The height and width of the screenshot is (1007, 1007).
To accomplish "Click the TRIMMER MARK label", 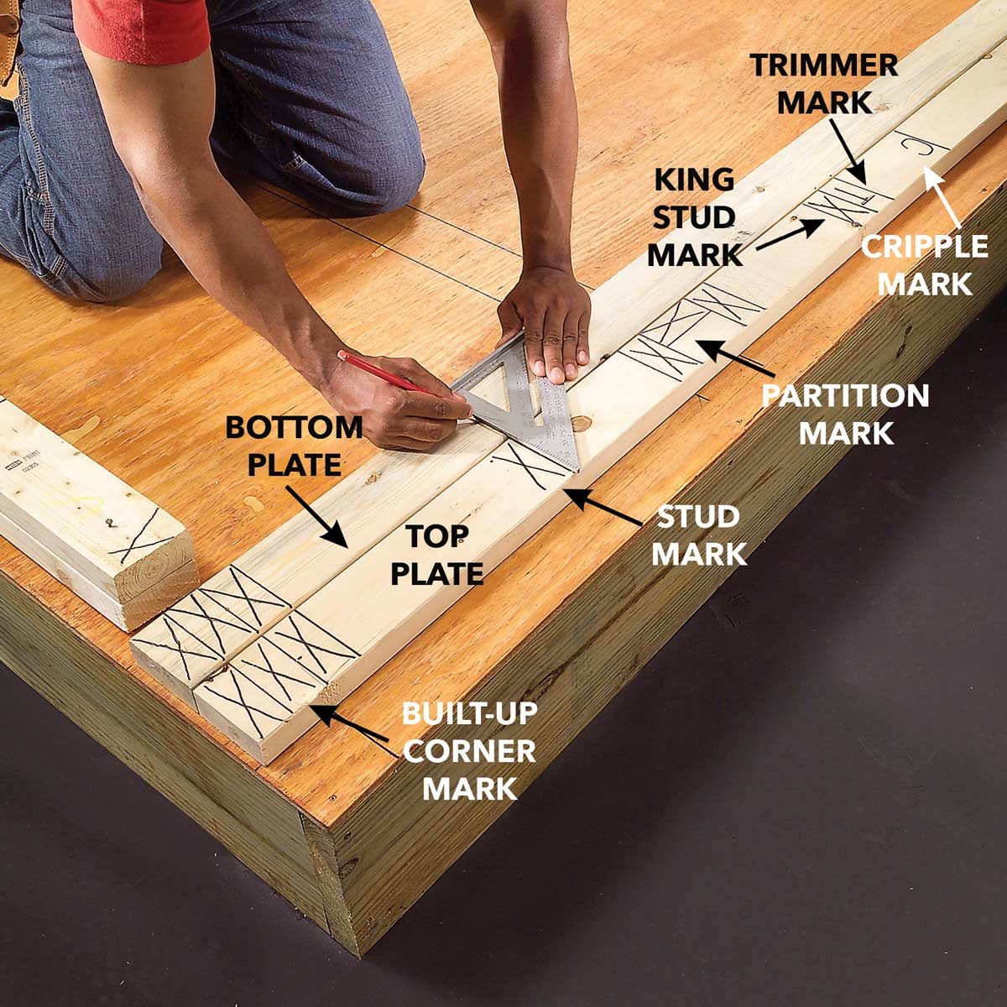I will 824,82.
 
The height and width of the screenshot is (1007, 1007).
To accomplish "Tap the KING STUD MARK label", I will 695,217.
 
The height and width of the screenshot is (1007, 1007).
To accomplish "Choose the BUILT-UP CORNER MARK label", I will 469,751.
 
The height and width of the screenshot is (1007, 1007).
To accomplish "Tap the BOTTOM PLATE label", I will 294,445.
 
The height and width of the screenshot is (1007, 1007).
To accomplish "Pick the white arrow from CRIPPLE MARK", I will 948,198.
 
